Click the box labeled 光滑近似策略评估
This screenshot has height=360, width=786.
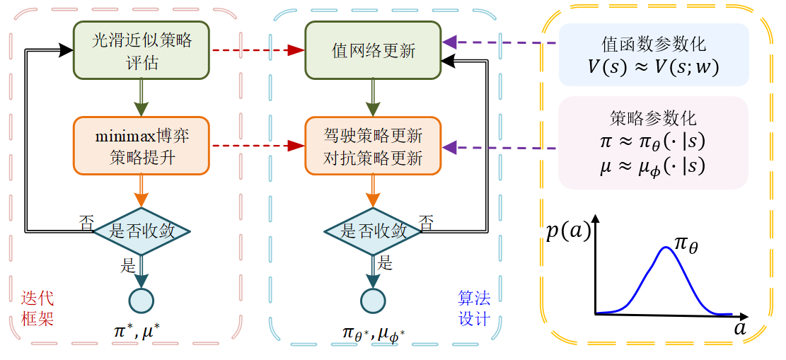coord(141,51)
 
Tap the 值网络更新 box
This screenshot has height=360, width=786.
coord(373,51)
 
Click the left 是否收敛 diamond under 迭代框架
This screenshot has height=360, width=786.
coord(142,231)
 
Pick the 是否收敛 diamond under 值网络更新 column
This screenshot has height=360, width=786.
coord(373,231)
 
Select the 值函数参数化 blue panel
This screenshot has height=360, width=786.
coord(652,54)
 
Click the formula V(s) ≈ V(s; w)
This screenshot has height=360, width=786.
coord(652,67)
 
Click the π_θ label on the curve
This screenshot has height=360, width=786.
coord(690,245)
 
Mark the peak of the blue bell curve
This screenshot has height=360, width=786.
coord(666,248)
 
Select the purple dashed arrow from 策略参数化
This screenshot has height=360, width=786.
coord(499,148)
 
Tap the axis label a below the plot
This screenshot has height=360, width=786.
coord(740,329)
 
